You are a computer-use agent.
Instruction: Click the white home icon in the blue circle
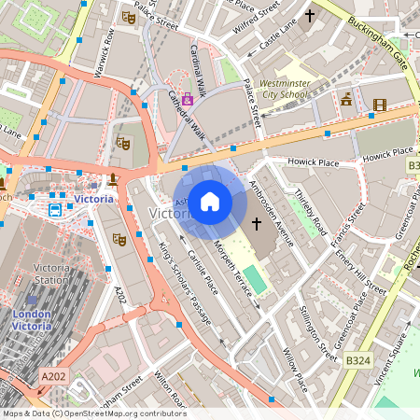pyautogui.click(x=210, y=201)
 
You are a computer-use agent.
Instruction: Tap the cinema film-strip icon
pyautogui.click(x=379, y=105)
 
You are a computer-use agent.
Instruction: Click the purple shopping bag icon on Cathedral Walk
pyautogui.click(x=188, y=98)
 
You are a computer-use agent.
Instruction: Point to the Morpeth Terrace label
pyautogui.click(x=232, y=271)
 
